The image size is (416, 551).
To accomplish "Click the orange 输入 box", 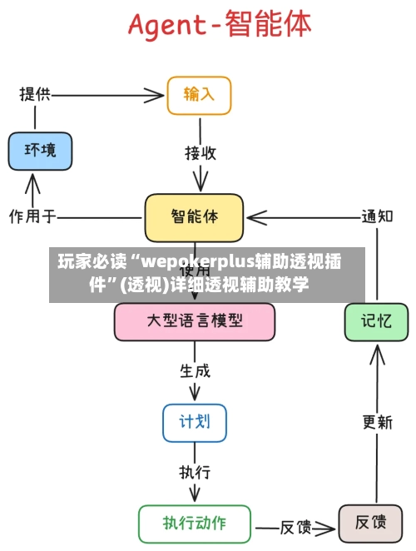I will pos(199,95).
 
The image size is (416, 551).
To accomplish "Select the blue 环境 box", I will pos(40,151).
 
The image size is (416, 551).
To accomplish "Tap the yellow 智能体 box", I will pos(195,217).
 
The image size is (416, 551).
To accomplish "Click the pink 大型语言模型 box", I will pos(195,321).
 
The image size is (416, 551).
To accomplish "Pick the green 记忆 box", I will pos(376,321).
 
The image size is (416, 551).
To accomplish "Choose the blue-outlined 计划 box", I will pos(194,422).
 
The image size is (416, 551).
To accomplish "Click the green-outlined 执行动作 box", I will pos(194,524).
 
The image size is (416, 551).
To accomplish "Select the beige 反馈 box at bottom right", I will pos(370,524).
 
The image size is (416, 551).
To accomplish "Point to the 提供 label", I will pos(35,93).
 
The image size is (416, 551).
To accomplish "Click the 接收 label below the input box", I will pos(201,153).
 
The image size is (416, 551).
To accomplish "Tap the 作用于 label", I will pos(32,217).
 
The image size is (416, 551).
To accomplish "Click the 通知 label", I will pos(376,216).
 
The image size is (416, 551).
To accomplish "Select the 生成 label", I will pos(196,371).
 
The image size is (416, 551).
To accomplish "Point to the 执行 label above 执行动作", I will pos(196,472).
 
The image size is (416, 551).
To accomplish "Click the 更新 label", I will pos(377,423).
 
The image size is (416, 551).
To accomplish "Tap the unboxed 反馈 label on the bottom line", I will pos(295,527).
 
